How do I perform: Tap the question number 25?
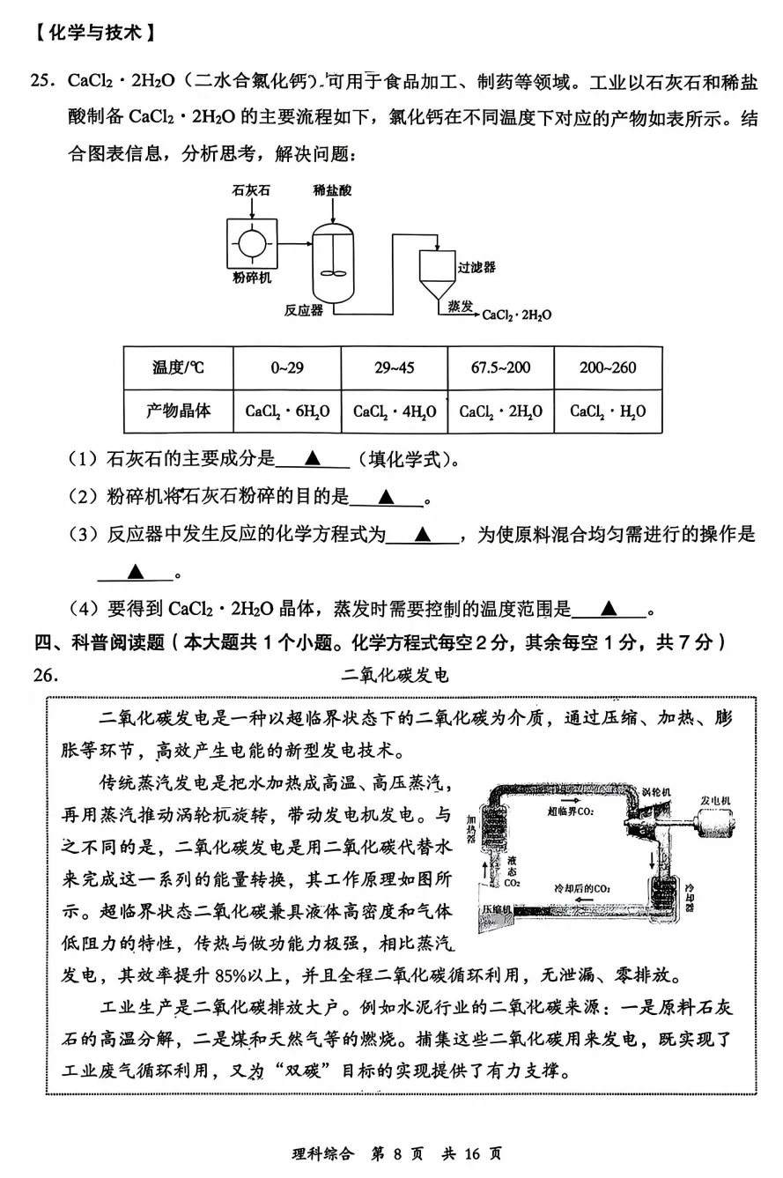point(43,82)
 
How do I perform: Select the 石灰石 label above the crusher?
point(251,190)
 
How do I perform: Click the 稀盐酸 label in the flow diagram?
point(332,190)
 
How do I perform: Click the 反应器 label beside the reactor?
point(303,309)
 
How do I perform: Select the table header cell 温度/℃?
point(177,367)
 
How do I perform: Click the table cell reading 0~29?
point(287,367)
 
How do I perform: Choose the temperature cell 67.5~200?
point(500,367)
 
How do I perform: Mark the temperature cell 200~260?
point(608,367)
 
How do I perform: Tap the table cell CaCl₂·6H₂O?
point(287,411)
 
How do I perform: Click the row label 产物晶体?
point(177,411)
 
